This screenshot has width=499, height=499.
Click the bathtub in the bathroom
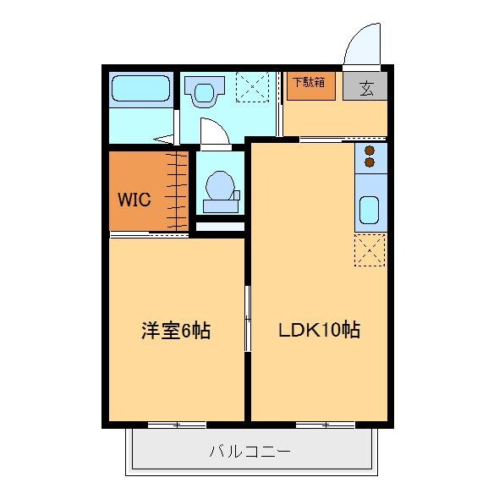141,89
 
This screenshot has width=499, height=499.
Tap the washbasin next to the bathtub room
204,92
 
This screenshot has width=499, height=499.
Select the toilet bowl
220,187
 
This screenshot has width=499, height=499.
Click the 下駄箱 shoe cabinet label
309,84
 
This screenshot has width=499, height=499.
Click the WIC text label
134,200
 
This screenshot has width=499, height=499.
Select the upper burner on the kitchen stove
370,151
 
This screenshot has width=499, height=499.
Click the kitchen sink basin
369,208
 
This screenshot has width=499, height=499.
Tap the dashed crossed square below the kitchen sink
370,250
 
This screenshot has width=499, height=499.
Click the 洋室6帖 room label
175,331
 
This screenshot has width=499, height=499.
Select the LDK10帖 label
319,331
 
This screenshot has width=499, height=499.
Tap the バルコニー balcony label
249,451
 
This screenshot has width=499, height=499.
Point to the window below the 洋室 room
177,424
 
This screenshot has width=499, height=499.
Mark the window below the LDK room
325,424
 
